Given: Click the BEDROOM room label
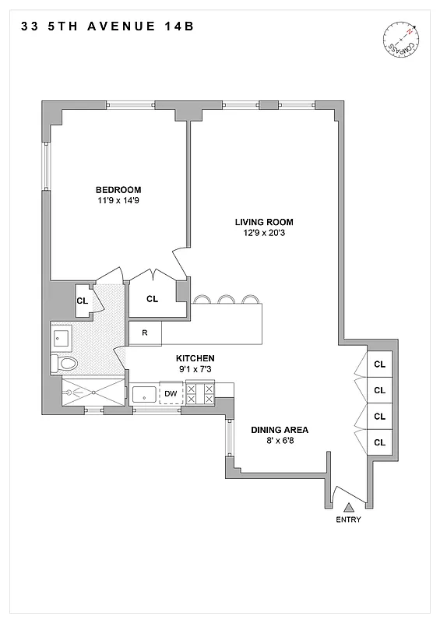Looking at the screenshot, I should pos(118,190).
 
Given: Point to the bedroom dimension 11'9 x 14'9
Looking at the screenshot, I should pos(118,201).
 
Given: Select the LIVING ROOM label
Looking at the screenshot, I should pos(264,222).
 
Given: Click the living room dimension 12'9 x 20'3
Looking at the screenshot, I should pos(264,233).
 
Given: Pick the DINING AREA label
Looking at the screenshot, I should pos(280,430).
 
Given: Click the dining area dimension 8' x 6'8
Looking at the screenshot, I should pos(280,441).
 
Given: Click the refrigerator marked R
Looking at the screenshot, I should pos(145,333).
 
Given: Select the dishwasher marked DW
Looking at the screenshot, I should pos(170,394).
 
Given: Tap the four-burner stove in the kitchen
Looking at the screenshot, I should pos(200,394).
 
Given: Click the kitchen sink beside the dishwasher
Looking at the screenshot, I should pos(145,394).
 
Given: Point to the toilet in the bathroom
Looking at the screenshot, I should pos(65,363).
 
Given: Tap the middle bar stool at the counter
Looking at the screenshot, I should pos(227,299).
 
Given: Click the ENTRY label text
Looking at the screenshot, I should pos(348,520).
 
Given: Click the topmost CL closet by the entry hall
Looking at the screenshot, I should pos(379,364).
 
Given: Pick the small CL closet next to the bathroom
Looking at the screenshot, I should pos(82,299).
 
